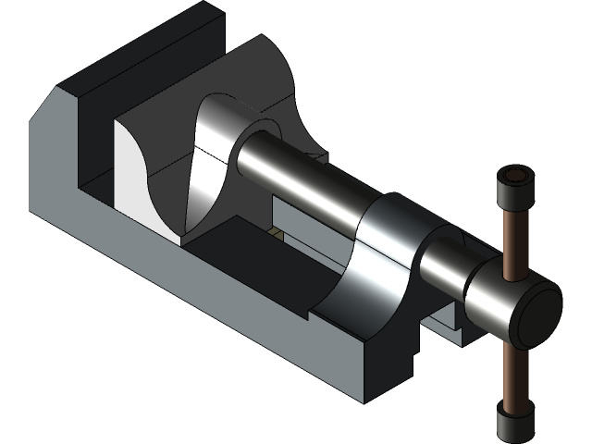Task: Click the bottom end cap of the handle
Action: point(513,423)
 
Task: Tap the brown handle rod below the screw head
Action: point(511,370)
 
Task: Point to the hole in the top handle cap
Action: point(516,175)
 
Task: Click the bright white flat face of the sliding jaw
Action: point(129,166)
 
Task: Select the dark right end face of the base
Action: point(388,370)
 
